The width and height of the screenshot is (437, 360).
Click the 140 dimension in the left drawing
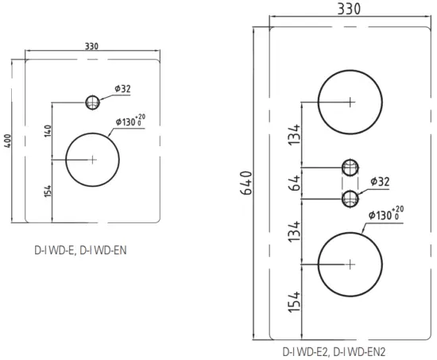click(x=48, y=130)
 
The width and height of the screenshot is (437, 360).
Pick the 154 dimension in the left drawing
click(x=48, y=191)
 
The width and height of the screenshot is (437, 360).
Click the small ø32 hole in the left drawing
click(x=93, y=102)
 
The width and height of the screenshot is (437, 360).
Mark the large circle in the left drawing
click(x=92, y=159)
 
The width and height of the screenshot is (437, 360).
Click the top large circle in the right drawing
click(x=350, y=101)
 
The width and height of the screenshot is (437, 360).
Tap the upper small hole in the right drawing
click(x=350, y=167)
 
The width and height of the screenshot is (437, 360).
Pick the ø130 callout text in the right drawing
click(x=385, y=213)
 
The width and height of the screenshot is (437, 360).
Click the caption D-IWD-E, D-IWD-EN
click(x=80, y=249)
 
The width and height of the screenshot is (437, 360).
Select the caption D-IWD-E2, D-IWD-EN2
click(x=334, y=350)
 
